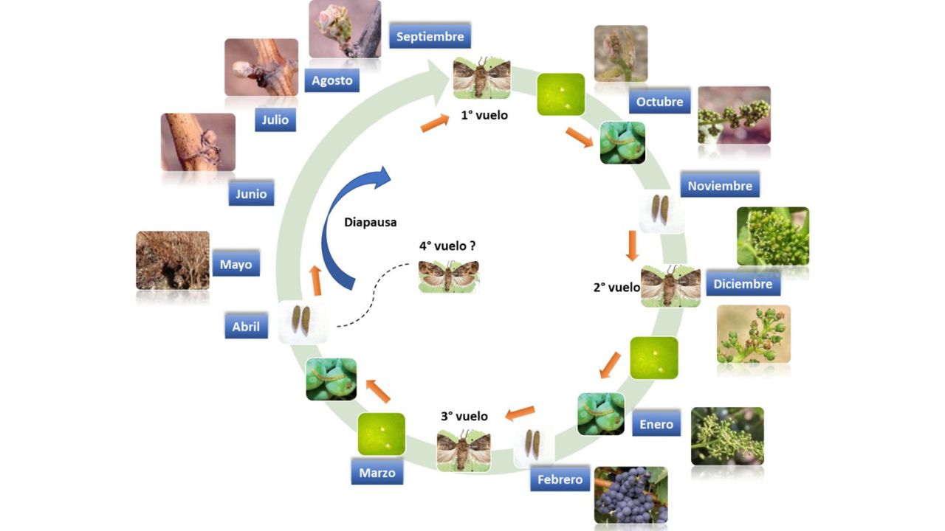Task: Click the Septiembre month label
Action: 430,36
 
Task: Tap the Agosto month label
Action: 332,80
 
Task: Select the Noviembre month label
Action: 720,185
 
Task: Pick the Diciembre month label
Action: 743,284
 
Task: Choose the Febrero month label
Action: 560,479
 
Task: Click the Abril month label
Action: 246,326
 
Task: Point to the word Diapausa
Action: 370,222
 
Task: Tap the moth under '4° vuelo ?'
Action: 448,277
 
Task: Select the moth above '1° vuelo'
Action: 482,78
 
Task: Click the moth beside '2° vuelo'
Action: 671,286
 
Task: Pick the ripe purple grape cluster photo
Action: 630,495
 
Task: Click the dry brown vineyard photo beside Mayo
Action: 173,260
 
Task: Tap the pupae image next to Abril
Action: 302,321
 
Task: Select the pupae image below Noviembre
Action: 661,210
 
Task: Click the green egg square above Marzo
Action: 382,434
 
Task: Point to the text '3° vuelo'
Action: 464,416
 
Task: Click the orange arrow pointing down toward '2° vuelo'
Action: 631,246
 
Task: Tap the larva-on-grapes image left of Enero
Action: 601,414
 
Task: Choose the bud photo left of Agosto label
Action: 261,67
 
